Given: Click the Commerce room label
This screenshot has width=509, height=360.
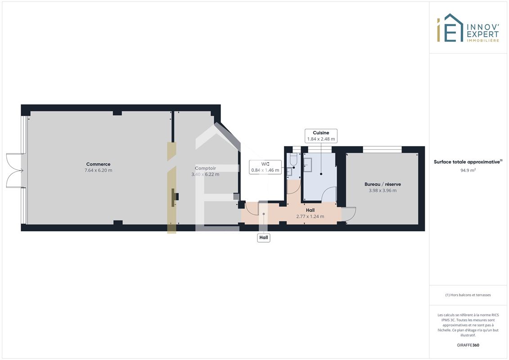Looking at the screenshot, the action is click(98, 164).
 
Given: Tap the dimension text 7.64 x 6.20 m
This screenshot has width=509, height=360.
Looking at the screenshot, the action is click(99, 171).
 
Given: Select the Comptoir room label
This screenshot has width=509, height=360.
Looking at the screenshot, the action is click(205, 168).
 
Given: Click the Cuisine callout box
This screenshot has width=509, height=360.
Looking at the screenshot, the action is click(321, 136).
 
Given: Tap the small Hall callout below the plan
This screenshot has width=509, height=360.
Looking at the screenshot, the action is click(264, 238).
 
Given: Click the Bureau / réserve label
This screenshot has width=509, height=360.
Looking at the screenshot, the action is click(383, 184).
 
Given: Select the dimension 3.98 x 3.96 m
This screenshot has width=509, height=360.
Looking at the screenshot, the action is click(383, 190).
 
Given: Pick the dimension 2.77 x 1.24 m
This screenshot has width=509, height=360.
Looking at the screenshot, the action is click(310, 216).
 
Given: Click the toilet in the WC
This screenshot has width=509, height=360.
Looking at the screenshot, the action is click(293, 159).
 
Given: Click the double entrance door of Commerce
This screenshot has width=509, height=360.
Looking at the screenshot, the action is click(14, 171).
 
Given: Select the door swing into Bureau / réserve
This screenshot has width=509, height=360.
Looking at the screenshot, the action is click(348, 214).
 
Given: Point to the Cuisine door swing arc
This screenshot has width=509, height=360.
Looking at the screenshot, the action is click(328, 194).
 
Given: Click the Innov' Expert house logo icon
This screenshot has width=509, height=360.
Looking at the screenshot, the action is click(450, 27).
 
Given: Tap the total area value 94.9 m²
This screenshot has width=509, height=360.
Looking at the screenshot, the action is click(468, 171).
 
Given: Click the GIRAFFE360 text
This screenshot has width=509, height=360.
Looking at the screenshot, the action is click(468, 345).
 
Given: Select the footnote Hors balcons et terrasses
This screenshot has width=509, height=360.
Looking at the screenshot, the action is click(468, 295).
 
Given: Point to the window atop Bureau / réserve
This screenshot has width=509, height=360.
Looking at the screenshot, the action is click(382, 150).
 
